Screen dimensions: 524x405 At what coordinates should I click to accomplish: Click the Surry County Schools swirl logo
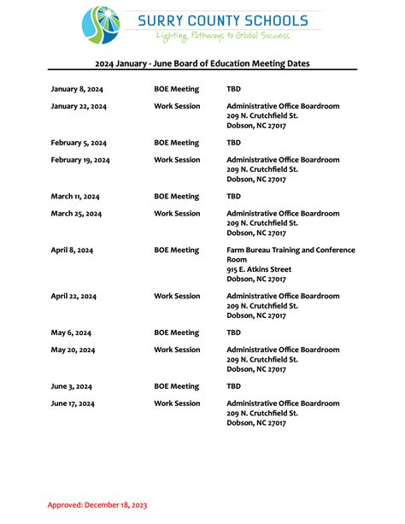coord(101,25)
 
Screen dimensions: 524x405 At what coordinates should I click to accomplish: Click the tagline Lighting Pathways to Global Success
coord(223,36)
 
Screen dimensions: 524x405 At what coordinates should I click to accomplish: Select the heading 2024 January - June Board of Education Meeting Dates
coord(202,63)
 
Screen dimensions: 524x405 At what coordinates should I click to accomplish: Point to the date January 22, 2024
coord(79,106)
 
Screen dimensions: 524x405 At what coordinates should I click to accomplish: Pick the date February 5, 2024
coord(79,143)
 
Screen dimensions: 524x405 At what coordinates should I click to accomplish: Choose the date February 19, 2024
coord(80,160)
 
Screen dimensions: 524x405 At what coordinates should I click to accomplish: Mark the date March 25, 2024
coord(76,214)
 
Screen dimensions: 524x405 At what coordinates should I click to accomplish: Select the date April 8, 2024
coord(72,250)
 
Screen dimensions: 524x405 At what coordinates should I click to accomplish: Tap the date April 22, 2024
coord(73,297)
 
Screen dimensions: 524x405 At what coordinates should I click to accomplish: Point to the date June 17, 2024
coord(73,403)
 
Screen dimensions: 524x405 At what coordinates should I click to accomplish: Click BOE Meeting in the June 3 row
coord(176,386)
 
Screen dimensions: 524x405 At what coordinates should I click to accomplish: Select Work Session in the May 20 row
coord(177,350)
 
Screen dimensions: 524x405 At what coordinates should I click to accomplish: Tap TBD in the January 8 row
coord(233,89)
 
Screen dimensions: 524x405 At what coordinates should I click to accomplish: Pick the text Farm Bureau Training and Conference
coord(291,250)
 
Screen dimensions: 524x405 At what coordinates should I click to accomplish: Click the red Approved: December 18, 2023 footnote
coord(97,504)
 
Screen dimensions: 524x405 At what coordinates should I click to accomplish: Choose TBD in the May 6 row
coord(233,333)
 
